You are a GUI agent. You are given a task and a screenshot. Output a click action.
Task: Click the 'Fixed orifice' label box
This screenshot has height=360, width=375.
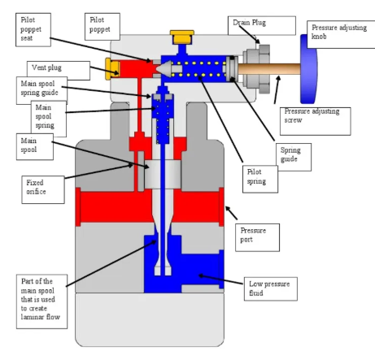click(x=43, y=189)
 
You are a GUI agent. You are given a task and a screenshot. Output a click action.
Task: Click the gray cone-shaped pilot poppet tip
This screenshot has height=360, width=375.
click(x=165, y=72)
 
